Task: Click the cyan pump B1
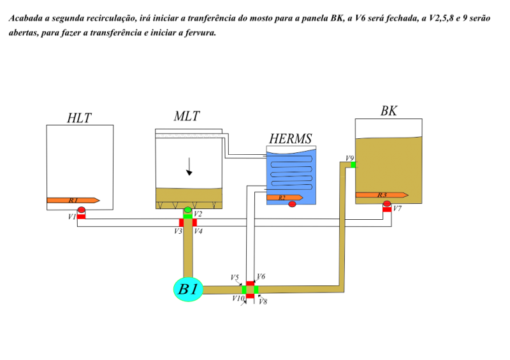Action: pos(188,289)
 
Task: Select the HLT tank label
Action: pos(79,118)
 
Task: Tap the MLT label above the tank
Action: pos(187,116)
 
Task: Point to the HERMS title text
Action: pos(291,139)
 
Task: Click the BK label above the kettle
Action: pos(389,111)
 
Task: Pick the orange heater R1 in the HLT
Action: pos(73,200)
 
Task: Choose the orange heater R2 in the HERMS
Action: pos(285,198)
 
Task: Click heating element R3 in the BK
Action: pos(382,195)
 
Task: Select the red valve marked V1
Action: pos(81,217)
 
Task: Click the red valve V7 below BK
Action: pos(387,210)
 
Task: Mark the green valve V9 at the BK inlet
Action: pos(353,165)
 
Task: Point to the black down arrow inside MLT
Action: pos(189,166)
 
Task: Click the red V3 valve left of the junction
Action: pos(181,222)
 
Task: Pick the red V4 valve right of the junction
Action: pos(194,222)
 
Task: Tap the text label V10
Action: pos(238,298)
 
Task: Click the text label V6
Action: pos(261,277)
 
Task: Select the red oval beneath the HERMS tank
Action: pos(292,205)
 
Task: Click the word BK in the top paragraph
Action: pos(337,18)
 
